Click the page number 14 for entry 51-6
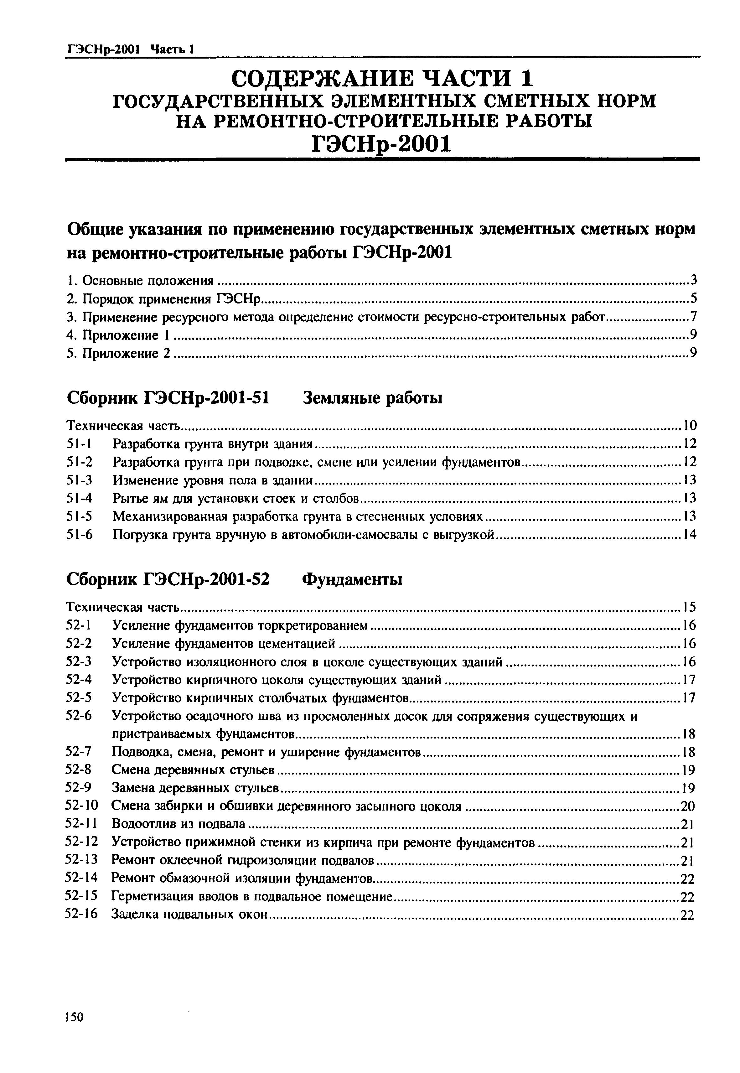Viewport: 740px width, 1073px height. click(690, 535)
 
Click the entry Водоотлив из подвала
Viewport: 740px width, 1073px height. click(179, 824)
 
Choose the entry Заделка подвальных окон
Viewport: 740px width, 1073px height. click(190, 915)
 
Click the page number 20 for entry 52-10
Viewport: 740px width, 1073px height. click(688, 807)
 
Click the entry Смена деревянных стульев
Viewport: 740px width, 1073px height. click(193, 770)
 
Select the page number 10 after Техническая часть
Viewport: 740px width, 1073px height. click(690, 425)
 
